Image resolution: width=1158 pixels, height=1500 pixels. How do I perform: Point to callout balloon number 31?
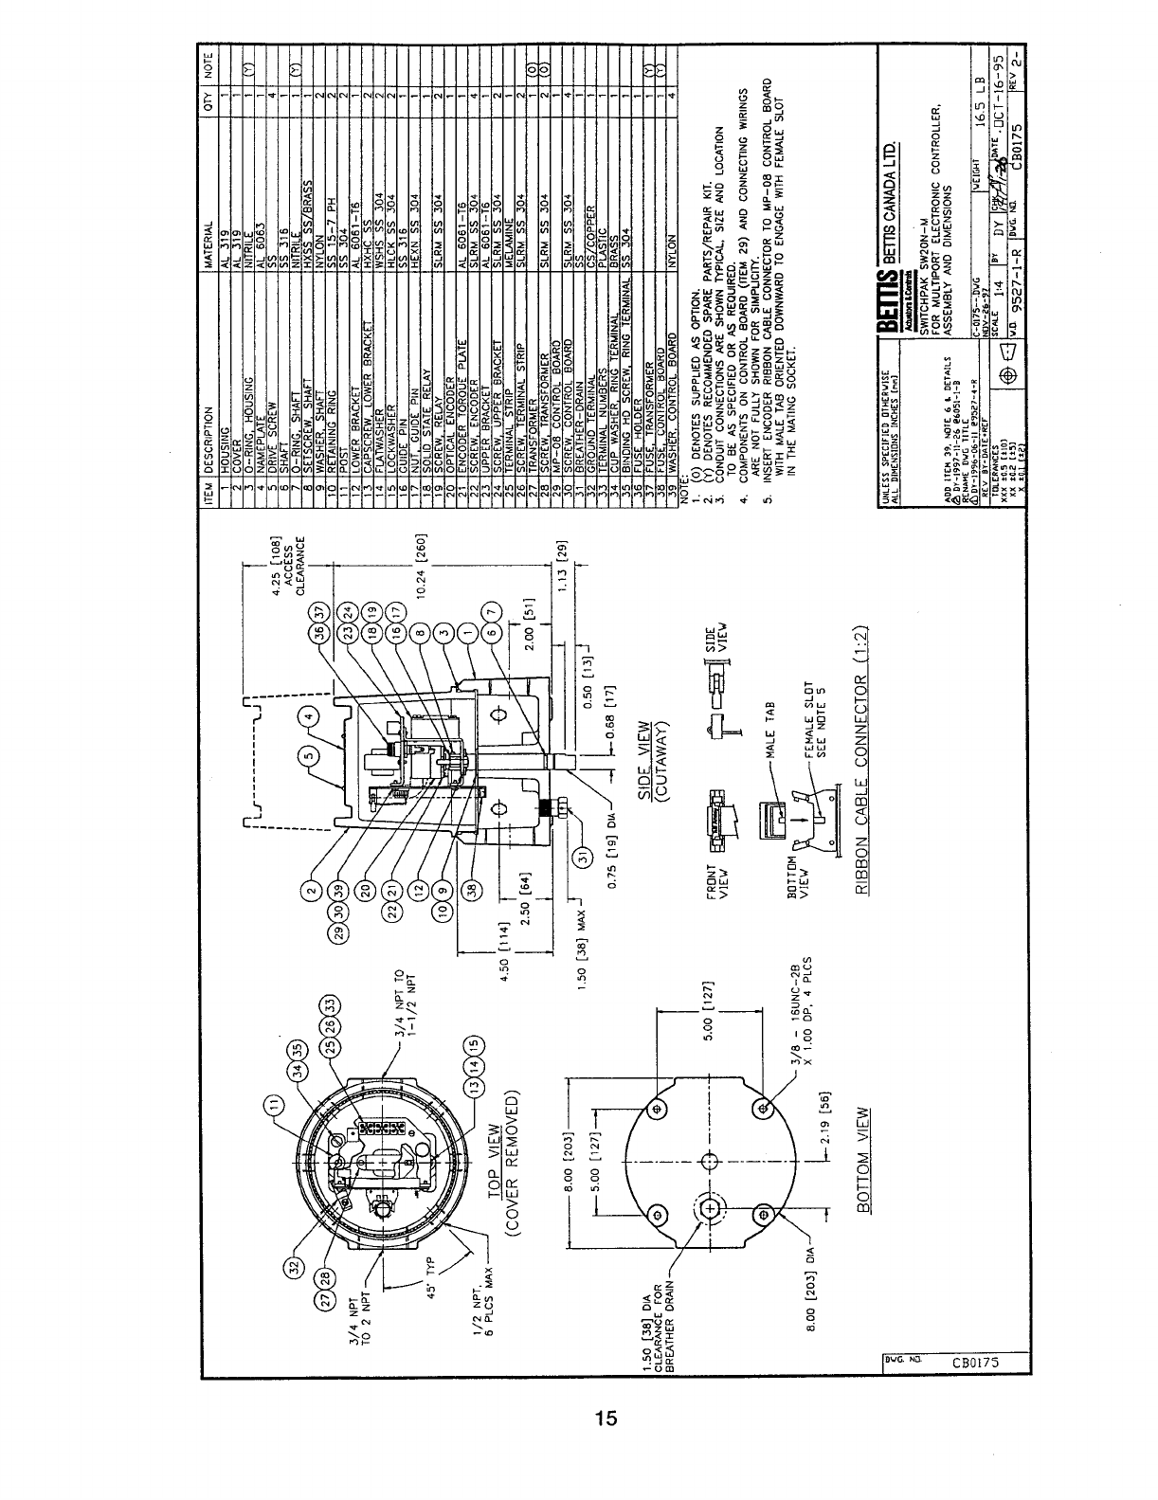(x=586, y=856)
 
